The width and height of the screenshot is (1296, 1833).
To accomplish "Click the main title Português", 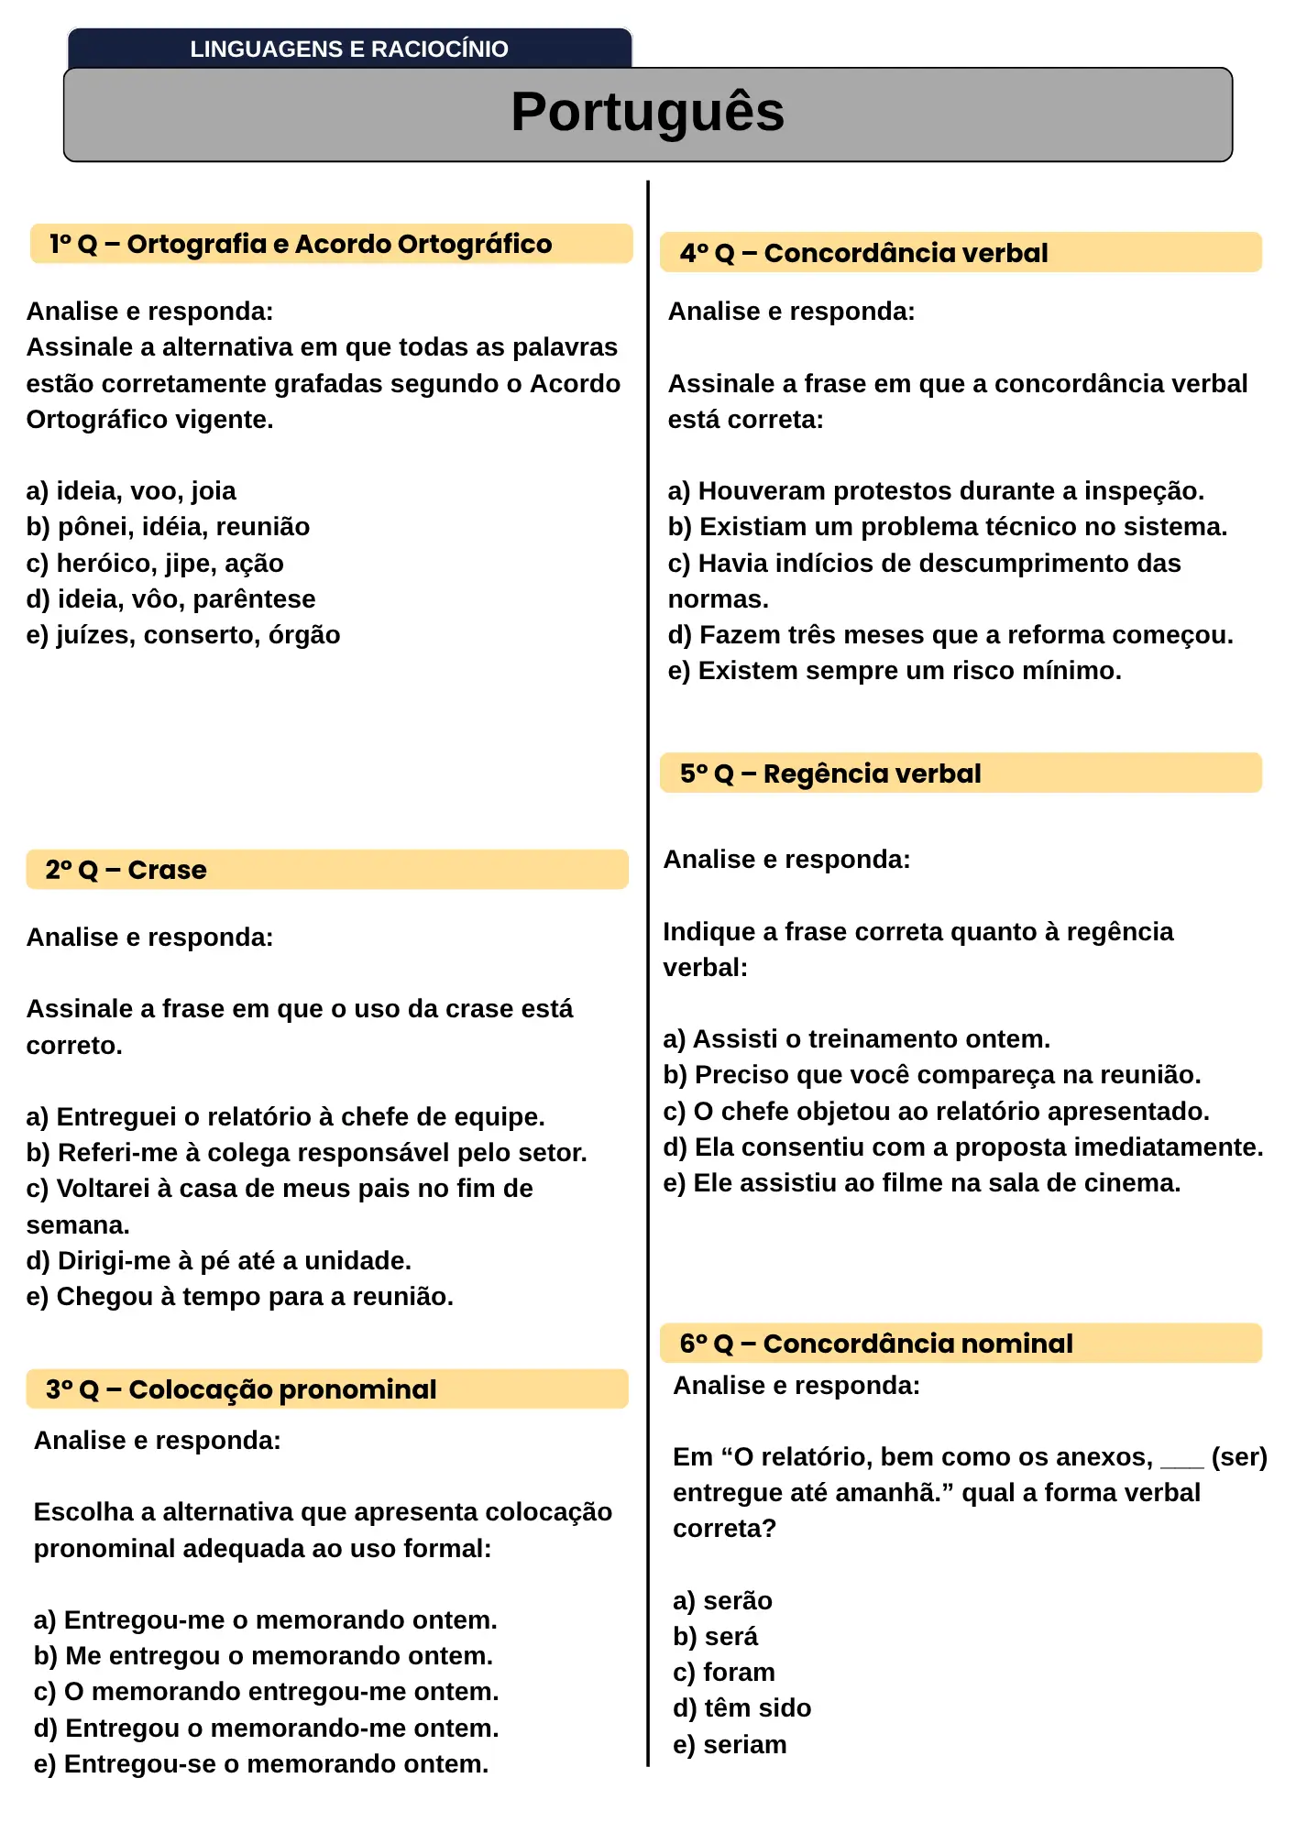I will coord(647,112).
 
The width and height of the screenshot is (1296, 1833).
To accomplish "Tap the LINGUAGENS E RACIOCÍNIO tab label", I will coord(348,49).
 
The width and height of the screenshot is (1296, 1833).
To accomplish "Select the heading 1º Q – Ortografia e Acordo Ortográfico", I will coord(301,244).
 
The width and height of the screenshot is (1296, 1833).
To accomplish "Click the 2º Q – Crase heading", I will coord(126,870).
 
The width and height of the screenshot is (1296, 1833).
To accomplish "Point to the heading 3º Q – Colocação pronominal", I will coord(241,1389).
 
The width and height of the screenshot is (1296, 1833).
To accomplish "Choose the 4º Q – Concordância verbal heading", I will coord(863,253).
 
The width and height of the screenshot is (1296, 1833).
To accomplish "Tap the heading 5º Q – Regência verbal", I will coord(830,774).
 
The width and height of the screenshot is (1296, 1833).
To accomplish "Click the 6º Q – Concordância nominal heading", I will coord(875,1344).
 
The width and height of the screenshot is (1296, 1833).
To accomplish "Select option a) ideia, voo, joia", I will coord(131,491).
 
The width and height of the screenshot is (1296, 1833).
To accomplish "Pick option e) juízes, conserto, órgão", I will coord(183,635).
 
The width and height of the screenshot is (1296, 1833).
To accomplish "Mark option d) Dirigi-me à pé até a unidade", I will coord(218,1261).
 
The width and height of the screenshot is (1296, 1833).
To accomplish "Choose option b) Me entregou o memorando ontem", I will coord(263,1656).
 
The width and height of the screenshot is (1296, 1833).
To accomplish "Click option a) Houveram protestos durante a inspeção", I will coord(936,491).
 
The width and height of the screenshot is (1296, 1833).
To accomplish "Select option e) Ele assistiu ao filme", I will coord(921,1183).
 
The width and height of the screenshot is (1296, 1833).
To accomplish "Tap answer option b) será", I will coord(715,1637).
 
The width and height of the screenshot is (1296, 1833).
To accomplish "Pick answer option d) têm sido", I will coord(741,1708).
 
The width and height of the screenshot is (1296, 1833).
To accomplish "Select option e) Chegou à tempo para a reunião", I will coord(239,1297).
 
